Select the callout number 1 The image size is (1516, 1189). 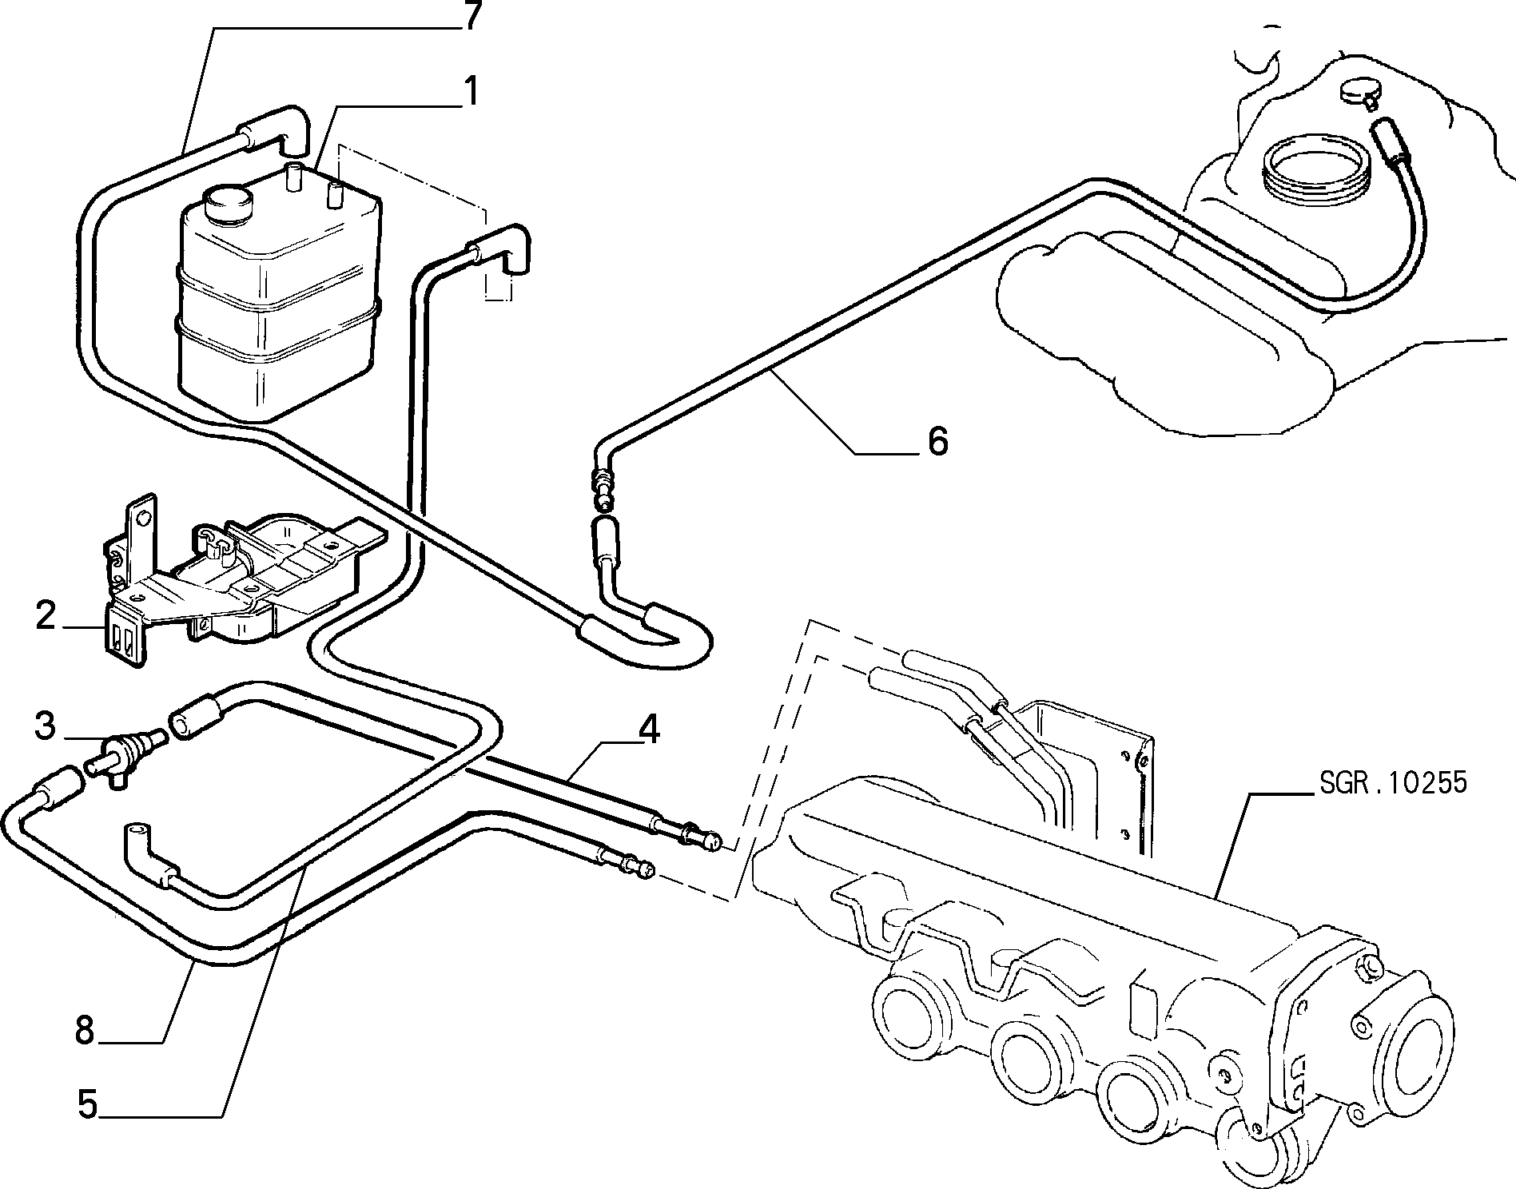pos(471,92)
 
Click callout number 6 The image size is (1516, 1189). pos(937,440)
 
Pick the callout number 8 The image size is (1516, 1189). pos(86,1030)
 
